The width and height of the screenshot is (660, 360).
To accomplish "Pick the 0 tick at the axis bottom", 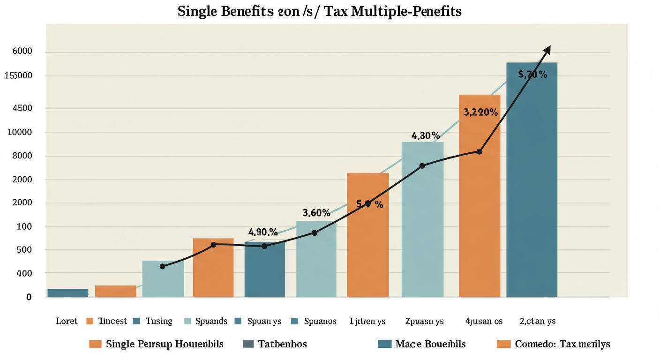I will pyautogui.click(x=29, y=297).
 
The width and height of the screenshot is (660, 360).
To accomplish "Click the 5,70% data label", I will pyautogui.click(x=532, y=74).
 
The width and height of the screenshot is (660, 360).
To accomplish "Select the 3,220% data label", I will pyautogui.click(x=480, y=112).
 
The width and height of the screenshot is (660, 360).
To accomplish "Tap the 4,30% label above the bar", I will pyautogui.click(x=426, y=136).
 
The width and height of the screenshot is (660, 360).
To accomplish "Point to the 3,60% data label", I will pyautogui.click(x=316, y=213).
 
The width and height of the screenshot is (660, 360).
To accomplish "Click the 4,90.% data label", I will pyautogui.click(x=262, y=232).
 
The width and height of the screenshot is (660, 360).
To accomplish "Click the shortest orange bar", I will pyautogui.click(x=115, y=291).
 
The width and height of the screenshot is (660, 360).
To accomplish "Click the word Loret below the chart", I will pyautogui.click(x=67, y=321).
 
